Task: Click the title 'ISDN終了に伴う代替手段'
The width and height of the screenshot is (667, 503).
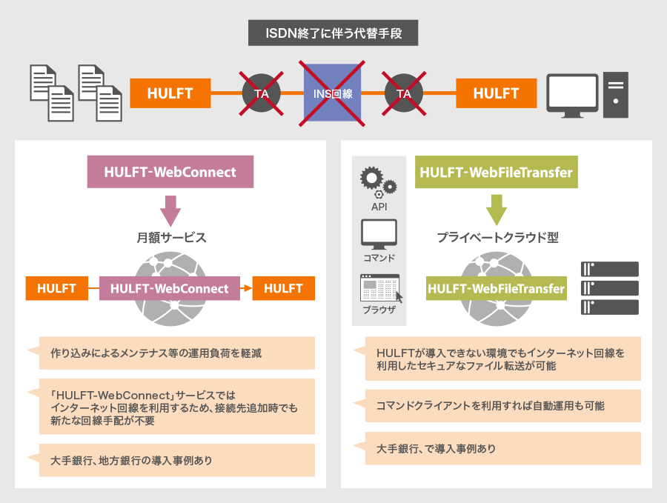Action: [x=333, y=33]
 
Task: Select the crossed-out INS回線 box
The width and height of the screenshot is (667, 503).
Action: [x=333, y=94]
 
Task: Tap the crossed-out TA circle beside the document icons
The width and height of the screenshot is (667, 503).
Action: [x=262, y=94]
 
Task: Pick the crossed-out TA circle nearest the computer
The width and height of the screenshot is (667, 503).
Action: [x=404, y=94]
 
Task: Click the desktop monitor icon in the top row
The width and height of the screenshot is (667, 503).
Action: [x=571, y=95]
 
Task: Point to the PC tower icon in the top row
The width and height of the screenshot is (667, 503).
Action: [x=616, y=95]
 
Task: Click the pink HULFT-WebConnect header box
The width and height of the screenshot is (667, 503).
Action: [x=170, y=172]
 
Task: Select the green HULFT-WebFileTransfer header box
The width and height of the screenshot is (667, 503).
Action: [x=496, y=173]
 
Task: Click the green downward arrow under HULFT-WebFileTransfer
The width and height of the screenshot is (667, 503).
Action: [x=496, y=210]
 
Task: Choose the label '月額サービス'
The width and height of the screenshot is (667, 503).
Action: [x=171, y=238]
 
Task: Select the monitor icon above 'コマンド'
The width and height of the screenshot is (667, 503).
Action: [x=379, y=233]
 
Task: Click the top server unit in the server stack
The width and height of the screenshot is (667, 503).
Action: [x=611, y=269]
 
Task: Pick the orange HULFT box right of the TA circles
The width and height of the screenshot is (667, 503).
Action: [x=496, y=94]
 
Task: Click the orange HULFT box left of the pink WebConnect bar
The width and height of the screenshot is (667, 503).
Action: [x=56, y=288]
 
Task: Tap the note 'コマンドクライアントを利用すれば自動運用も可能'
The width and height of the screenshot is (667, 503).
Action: [x=501, y=406]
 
